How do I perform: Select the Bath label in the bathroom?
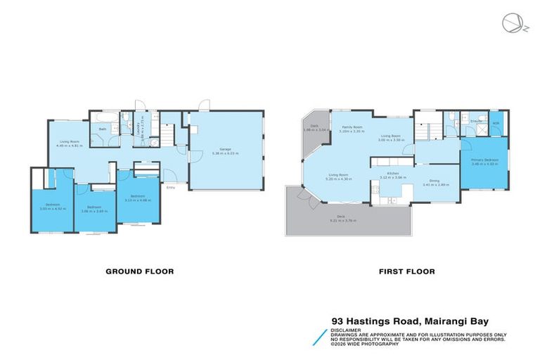pyautogui.click(x=103, y=129)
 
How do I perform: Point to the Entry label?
pyautogui.click(x=170, y=187)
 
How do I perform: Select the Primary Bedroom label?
pyautogui.click(x=484, y=160)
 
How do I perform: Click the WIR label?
pyautogui.click(x=496, y=124)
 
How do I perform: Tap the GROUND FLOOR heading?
pyautogui.click(x=139, y=271)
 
